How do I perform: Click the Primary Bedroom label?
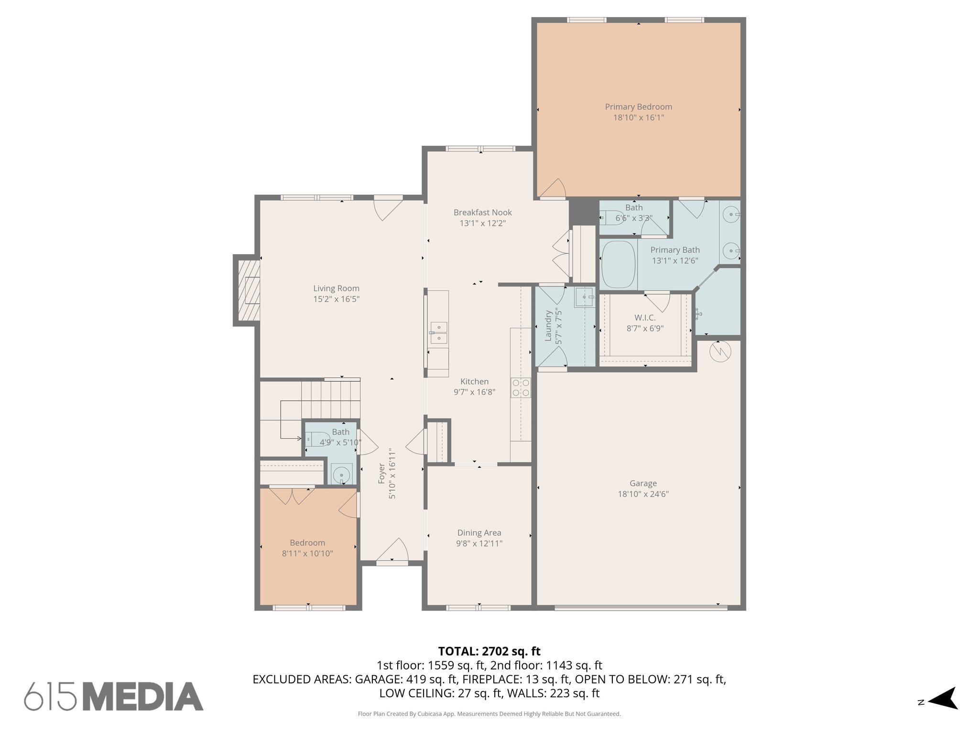coord(638,107)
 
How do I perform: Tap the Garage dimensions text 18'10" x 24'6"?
coord(643,494)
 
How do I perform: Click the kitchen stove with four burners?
coord(521,388)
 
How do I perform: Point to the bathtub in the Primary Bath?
coord(618,264)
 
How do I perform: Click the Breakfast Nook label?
coord(482,212)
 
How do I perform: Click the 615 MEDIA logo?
coord(114,696)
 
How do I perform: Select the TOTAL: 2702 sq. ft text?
coord(489,651)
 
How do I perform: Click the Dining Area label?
coord(479,533)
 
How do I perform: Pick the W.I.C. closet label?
coord(645,318)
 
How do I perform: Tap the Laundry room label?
coord(549,326)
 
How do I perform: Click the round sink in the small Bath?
coord(341,475)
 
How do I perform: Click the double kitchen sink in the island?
coord(438,333)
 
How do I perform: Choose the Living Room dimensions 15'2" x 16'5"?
coord(336,299)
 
